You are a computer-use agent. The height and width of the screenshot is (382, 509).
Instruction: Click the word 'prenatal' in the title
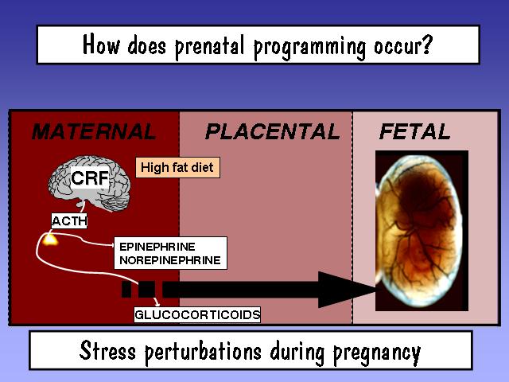pos(210,46)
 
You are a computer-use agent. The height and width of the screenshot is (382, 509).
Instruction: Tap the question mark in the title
pos(428,45)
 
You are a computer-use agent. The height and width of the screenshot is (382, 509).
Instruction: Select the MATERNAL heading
pos(94,131)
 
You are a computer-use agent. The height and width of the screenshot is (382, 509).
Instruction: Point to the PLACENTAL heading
pos(272,131)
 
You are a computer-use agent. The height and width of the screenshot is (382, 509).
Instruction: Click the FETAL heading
pos(414,131)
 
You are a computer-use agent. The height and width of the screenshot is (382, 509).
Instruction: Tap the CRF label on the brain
pos(90,177)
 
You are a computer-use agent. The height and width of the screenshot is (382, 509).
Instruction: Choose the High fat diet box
pos(177,168)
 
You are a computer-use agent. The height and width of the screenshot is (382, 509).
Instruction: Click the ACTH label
pos(69,221)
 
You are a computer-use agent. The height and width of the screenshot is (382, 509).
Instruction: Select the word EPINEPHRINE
pos(157,247)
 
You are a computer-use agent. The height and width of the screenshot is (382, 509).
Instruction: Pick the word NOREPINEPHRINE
pos(170,260)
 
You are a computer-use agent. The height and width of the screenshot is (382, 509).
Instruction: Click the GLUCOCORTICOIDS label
pos(197,315)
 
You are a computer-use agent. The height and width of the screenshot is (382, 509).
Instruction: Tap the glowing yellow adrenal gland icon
pos(50,240)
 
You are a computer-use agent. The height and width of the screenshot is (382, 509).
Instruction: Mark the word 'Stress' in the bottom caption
pos(107,351)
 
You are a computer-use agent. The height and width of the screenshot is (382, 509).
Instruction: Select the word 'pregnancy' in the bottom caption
pos(377,353)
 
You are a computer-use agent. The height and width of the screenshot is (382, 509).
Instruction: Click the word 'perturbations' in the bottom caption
pos(203,352)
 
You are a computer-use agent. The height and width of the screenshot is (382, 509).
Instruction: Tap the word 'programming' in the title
pos(309,48)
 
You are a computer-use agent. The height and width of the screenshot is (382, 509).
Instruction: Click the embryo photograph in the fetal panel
pos(422,231)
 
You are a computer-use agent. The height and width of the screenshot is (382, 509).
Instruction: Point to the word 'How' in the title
pos(101,45)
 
